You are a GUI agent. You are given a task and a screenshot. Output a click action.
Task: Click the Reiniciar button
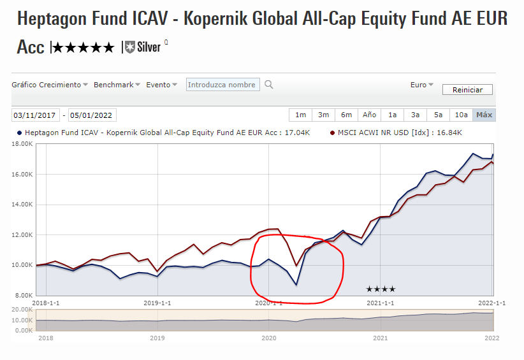click(x=467, y=90)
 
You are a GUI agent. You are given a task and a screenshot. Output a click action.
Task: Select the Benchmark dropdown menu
click(x=117, y=85)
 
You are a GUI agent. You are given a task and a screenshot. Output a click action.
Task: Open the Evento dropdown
click(x=162, y=85)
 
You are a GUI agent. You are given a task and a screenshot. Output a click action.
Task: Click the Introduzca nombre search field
click(x=222, y=85)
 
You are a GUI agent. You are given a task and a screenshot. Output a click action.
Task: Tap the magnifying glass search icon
click(x=269, y=85)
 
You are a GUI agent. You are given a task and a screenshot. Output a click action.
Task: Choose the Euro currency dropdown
click(x=421, y=85)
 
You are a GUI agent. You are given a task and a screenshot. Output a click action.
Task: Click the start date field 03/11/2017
click(x=36, y=115)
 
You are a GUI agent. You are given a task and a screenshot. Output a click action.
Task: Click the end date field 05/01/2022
click(x=92, y=115)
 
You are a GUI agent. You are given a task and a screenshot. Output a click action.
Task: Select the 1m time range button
click(x=300, y=115)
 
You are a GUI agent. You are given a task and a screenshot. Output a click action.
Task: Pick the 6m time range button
click(x=346, y=115)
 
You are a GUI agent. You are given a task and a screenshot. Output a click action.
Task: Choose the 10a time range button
click(x=461, y=115)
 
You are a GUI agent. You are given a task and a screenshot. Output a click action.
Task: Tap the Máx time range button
click(x=484, y=115)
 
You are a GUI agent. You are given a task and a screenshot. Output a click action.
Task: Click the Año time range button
click(x=369, y=115)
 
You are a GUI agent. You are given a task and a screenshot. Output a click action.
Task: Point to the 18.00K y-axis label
click(x=21, y=144)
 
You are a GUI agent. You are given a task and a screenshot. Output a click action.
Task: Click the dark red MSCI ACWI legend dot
click(x=332, y=133)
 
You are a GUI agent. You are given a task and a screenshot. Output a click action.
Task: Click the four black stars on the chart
click(x=381, y=289)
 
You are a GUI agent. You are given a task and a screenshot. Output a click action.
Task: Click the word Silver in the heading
click(x=149, y=47)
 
